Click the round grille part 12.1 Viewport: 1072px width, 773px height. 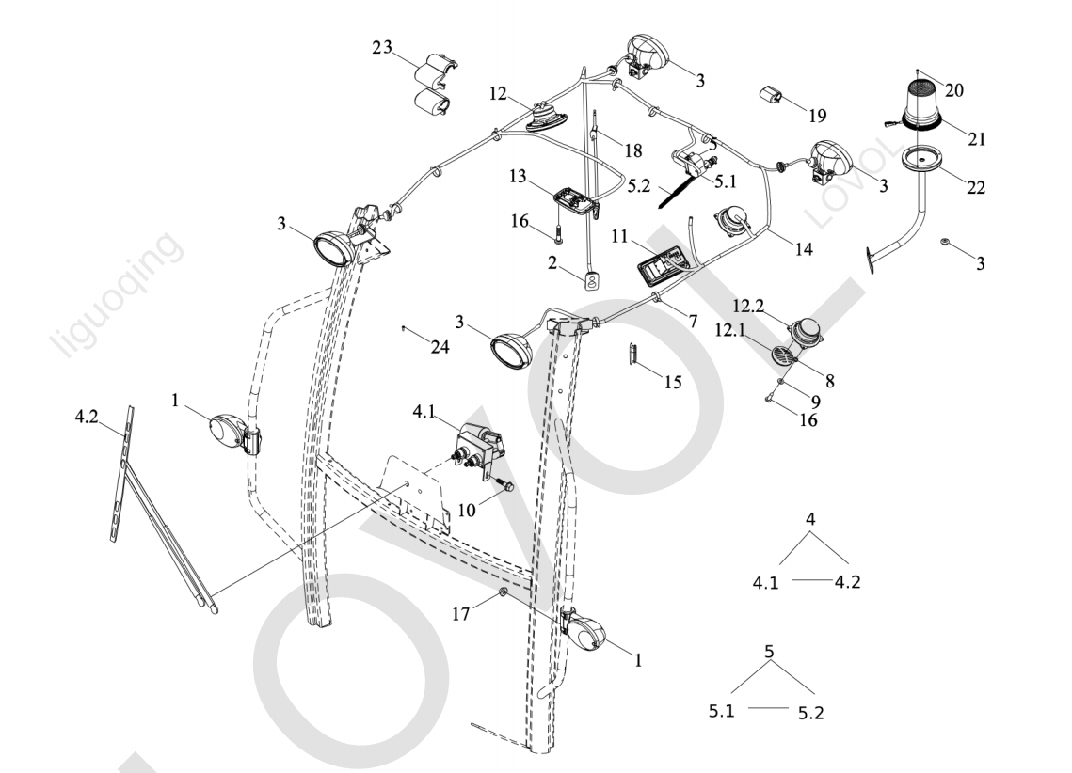783,355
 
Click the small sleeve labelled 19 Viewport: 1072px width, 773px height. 774,95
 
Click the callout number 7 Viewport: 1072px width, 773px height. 693,322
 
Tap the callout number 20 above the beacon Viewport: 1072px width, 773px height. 954,90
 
